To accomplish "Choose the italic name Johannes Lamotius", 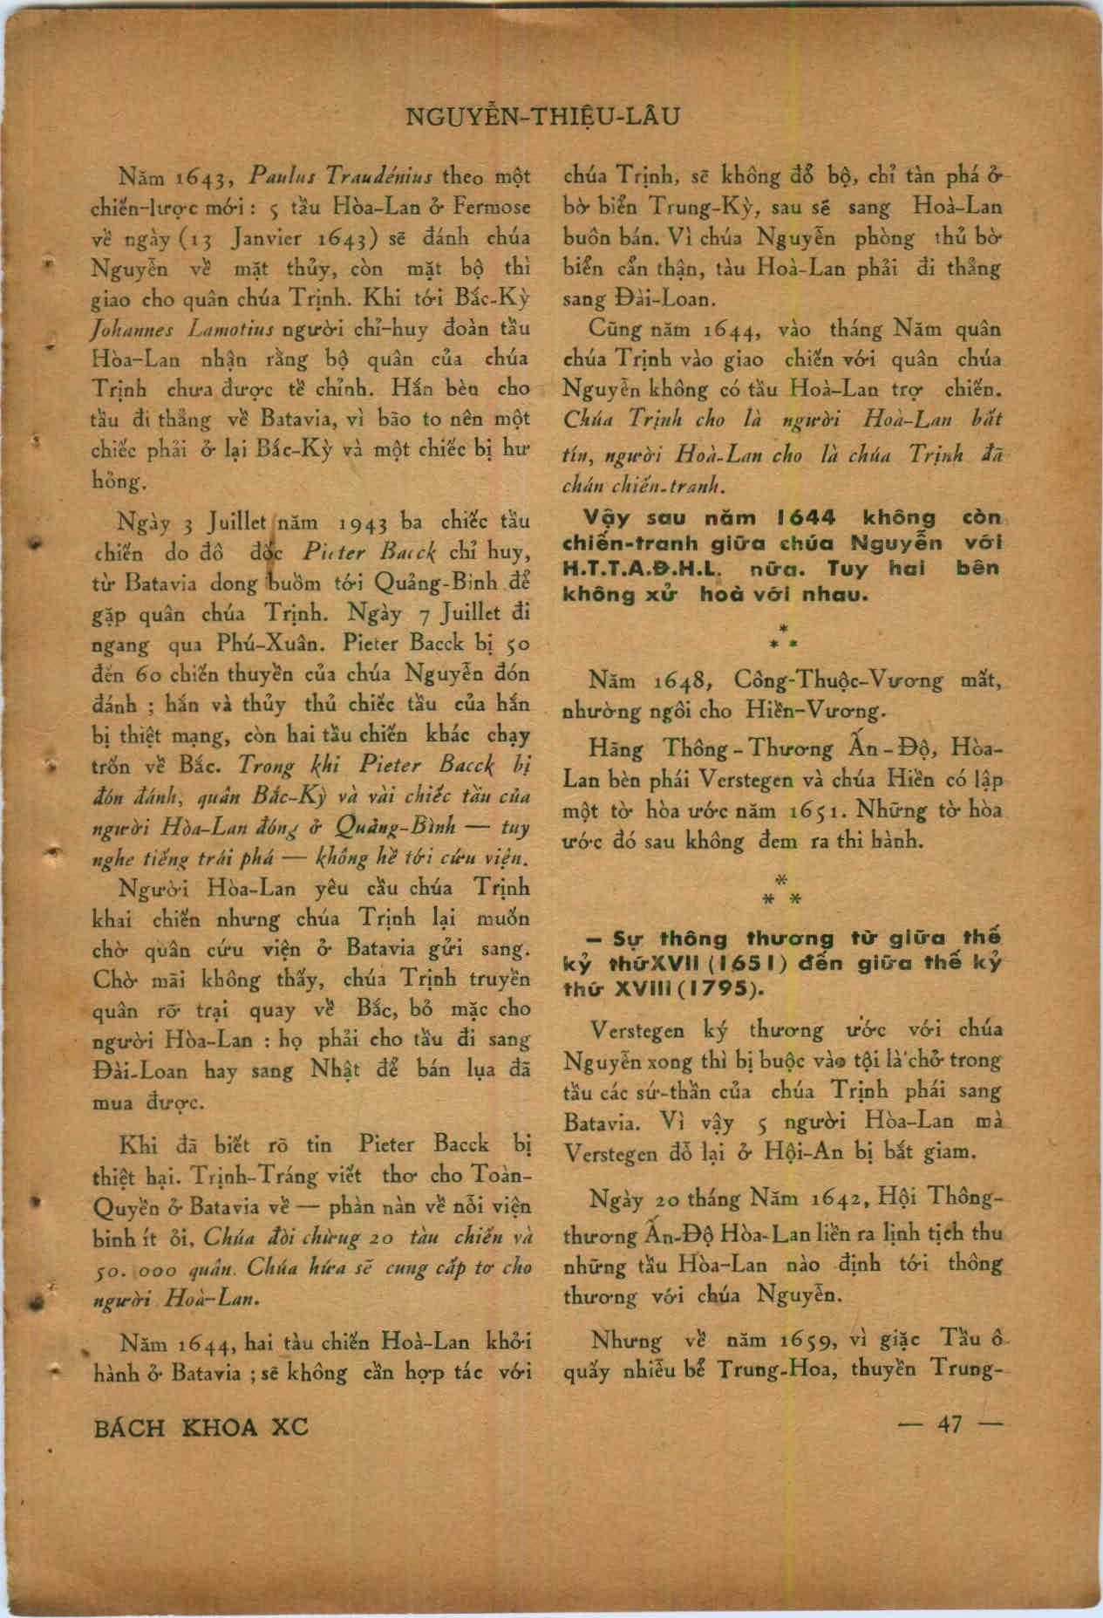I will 183,329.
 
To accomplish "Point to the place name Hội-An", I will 793,1151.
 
